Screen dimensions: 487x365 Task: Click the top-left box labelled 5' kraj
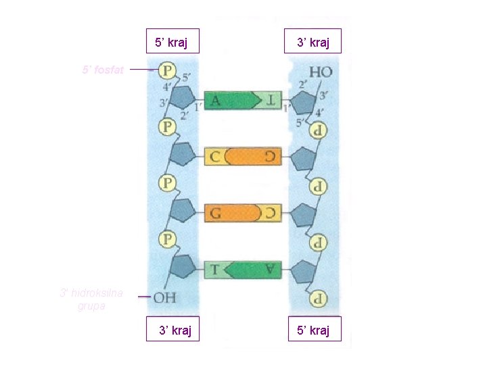172,41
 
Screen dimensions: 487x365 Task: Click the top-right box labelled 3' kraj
313,41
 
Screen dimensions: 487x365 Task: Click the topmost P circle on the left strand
168,70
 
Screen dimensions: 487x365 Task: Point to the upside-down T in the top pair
271,101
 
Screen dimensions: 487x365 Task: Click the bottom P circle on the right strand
316,298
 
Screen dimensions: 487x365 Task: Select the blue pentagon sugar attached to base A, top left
182,99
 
